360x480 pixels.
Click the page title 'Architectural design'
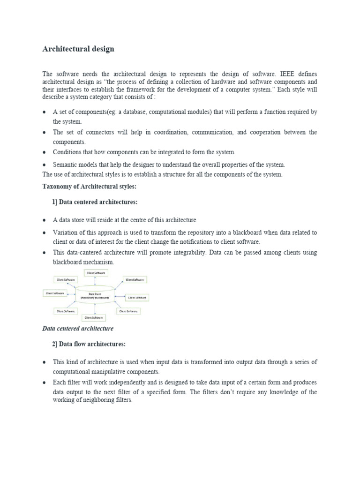click(x=78, y=49)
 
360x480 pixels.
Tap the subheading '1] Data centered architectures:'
click(x=94, y=202)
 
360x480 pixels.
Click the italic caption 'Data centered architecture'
click(x=78, y=329)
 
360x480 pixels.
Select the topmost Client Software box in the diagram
click(x=96, y=272)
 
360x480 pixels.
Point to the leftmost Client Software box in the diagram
click(x=55, y=293)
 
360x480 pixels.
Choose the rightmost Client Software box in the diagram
click(x=137, y=297)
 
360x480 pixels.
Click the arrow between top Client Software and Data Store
click(x=96, y=280)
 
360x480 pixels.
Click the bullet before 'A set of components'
click(x=44, y=112)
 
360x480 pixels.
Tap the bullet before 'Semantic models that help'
click(x=44, y=165)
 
